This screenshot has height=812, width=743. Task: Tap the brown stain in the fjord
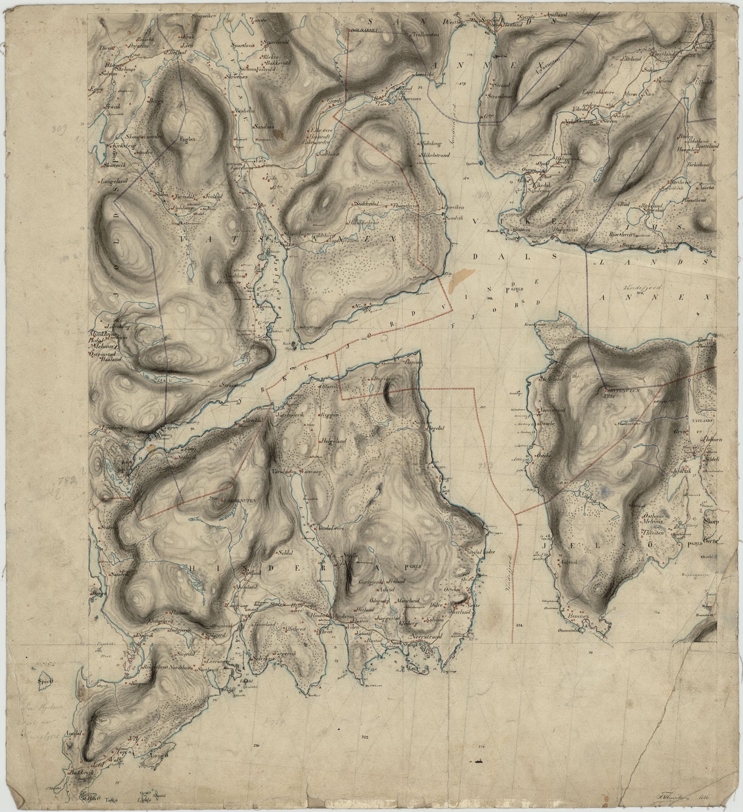click(x=456, y=280)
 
